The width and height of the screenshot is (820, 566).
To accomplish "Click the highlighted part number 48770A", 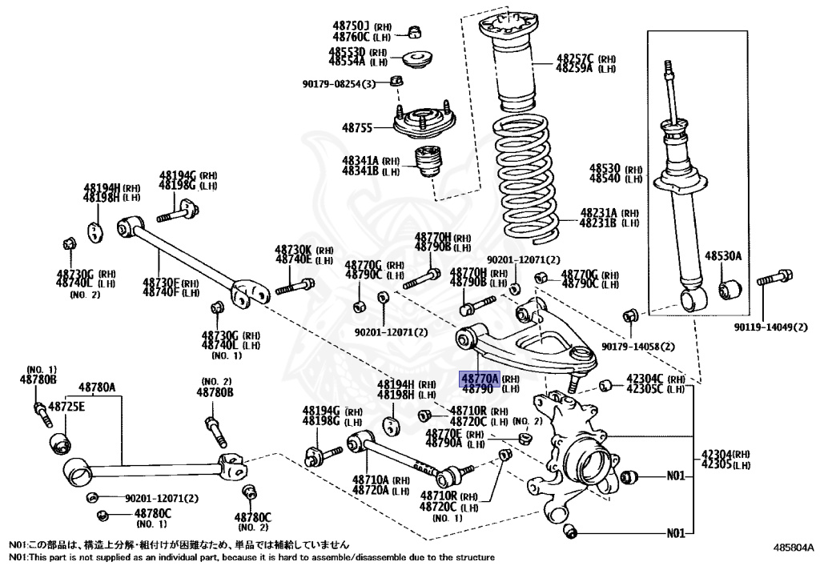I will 478,378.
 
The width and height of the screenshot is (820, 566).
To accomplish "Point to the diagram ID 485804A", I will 793,548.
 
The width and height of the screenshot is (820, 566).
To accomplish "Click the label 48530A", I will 723,256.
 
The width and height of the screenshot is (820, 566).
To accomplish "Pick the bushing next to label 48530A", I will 730,288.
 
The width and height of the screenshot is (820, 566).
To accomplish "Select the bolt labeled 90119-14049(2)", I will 772,279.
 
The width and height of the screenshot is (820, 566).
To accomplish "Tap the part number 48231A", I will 597,213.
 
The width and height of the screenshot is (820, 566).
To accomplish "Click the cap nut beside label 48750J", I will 415,31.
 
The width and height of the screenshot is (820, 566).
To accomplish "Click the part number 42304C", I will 644,378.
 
